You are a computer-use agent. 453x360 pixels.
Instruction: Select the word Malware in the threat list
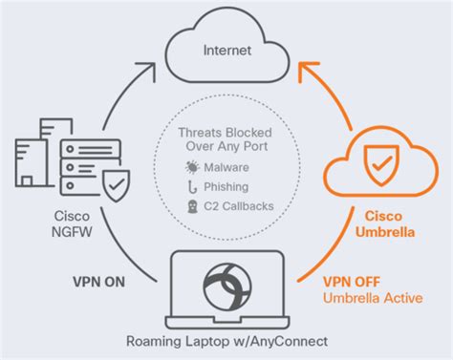(x=230, y=166)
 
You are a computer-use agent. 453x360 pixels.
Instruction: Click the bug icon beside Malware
(x=193, y=166)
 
